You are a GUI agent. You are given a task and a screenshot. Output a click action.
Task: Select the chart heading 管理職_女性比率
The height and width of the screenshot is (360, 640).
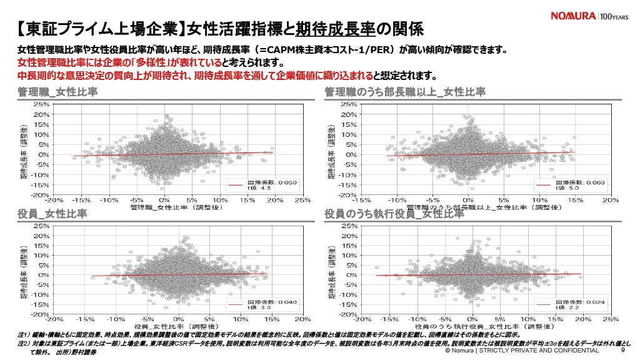(x=57, y=92)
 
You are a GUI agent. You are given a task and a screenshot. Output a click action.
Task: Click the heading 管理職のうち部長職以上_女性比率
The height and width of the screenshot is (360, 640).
(x=404, y=92)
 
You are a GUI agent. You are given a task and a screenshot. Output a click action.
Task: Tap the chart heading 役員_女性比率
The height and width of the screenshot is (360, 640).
(x=52, y=214)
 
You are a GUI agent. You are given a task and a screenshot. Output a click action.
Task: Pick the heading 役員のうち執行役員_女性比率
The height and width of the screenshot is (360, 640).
(x=394, y=214)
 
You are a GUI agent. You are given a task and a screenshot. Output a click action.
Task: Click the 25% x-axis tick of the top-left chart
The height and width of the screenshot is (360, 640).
(x=302, y=200)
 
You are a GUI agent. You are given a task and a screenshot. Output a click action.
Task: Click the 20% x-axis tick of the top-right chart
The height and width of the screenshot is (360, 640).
(x=611, y=200)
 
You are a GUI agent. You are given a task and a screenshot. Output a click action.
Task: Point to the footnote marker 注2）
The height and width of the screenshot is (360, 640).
(x=25, y=343)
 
